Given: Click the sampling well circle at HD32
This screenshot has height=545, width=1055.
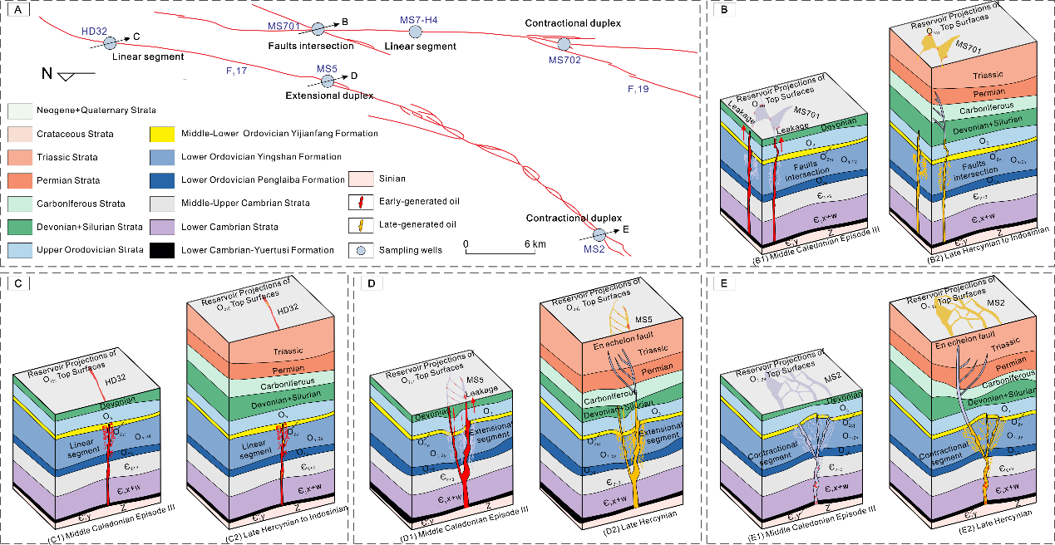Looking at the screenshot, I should pyautogui.click(x=111, y=42).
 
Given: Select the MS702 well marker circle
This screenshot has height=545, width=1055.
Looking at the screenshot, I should pyautogui.click(x=564, y=44).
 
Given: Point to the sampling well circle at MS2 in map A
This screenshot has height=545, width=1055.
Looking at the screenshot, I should pyautogui.click(x=600, y=236).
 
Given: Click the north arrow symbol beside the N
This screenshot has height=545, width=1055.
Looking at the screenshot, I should pyautogui.click(x=81, y=76).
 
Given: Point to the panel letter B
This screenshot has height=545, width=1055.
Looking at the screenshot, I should pyautogui.click(x=725, y=11).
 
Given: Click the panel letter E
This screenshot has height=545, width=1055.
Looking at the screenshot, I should pyautogui.click(x=725, y=284).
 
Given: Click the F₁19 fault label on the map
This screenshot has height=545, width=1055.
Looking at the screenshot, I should pyautogui.click(x=638, y=88).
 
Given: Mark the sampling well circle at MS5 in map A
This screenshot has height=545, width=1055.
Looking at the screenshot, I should pyautogui.click(x=328, y=81).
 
